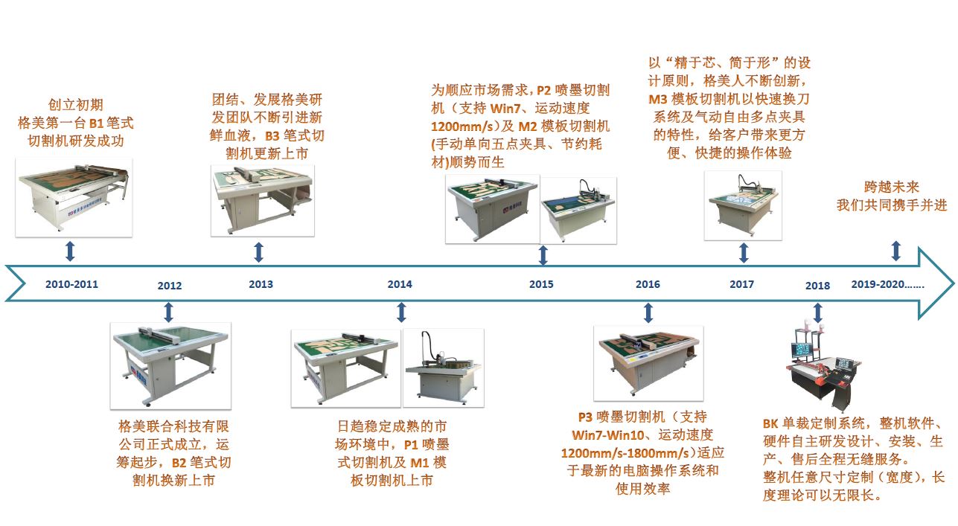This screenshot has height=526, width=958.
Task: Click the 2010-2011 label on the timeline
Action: (x=71, y=284)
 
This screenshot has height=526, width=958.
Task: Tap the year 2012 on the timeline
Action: (x=170, y=286)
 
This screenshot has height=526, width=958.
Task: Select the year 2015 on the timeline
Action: (x=541, y=284)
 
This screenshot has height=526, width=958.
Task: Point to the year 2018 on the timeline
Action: (x=817, y=286)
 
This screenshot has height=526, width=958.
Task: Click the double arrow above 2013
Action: (x=258, y=251)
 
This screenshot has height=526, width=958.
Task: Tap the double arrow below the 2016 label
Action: (x=648, y=312)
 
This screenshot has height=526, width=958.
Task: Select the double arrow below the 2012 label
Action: (x=168, y=312)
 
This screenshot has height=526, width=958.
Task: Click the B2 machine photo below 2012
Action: (x=169, y=364)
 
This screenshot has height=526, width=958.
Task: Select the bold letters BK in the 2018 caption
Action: (x=770, y=423)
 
